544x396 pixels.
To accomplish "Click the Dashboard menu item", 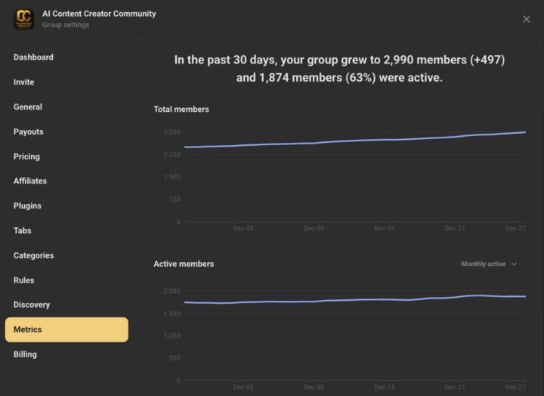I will (x=33, y=57).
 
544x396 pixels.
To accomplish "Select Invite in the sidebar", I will (x=24, y=82).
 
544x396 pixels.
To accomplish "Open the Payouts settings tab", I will (x=29, y=132).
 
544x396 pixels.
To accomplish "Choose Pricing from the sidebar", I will (x=26, y=156).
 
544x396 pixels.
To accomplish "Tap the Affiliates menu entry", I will (x=30, y=181).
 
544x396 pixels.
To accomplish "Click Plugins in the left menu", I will (x=27, y=206).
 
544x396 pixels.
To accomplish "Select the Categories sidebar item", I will (x=34, y=255).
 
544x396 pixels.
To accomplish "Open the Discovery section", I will (x=32, y=305).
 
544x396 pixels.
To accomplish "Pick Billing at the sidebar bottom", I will (x=25, y=354).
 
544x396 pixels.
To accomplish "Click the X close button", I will (x=527, y=19).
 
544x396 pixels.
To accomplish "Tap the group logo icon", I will (x=24, y=19).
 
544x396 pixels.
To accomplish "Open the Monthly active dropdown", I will (x=489, y=265).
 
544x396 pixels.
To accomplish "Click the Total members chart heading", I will (x=181, y=110).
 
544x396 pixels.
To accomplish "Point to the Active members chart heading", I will (x=184, y=265).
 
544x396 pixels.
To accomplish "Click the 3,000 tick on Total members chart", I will (x=172, y=132).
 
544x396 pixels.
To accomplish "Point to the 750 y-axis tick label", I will (x=174, y=200).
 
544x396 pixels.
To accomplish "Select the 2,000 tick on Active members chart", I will (x=172, y=291).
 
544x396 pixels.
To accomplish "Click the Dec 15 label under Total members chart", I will (x=384, y=228).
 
